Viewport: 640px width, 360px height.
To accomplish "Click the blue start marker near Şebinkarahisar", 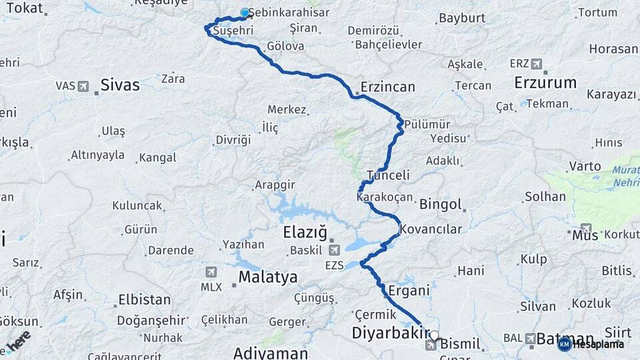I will (x=245, y=13).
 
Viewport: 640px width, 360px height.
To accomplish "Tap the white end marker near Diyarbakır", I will (x=435, y=335).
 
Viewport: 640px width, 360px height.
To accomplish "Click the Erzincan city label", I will (x=387, y=87).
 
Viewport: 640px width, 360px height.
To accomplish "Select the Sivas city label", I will (x=120, y=85).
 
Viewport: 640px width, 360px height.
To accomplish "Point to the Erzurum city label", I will (x=545, y=83).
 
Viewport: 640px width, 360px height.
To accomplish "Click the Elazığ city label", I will (x=305, y=233).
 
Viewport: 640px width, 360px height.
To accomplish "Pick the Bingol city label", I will (x=441, y=204).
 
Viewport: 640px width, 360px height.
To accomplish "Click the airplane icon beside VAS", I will (x=83, y=86).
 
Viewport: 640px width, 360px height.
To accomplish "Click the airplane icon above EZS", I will (x=333, y=250).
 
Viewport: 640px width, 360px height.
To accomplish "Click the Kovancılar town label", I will (x=431, y=229).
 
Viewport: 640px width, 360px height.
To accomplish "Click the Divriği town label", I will (x=233, y=140).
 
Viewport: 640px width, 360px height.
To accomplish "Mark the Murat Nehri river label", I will (x=625, y=176).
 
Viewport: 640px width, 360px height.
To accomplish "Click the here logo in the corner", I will (x=19, y=343).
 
